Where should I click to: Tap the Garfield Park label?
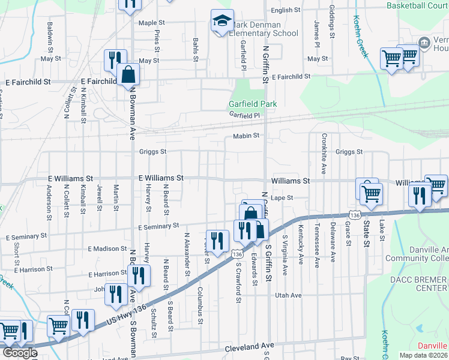[252, 104]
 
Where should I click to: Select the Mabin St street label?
[246, 136]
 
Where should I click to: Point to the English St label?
[285, 10]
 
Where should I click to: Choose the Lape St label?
[281, 197]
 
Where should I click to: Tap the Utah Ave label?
[288, 295]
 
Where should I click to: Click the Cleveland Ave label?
[249, 346]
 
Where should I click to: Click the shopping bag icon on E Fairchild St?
[128, 74]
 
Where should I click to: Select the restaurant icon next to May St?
[113, 60]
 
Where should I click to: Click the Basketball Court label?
[417, 5]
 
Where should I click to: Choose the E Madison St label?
[107, 248]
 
